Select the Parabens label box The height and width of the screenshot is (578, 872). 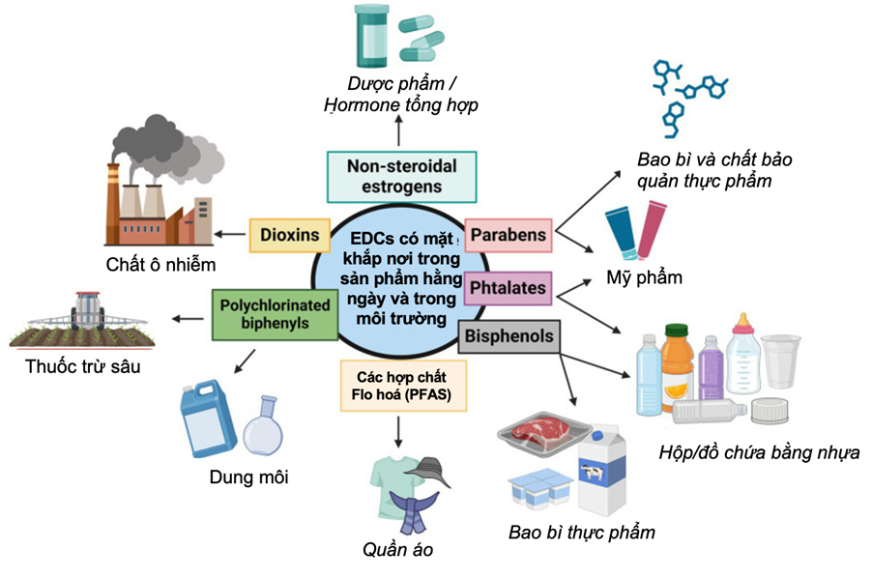508,235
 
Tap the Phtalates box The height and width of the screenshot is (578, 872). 508,287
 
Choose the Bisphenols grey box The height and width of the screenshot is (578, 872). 509,336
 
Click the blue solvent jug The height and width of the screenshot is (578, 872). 209,421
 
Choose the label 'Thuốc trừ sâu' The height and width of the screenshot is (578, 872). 83,366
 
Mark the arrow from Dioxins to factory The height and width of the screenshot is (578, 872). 230,233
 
